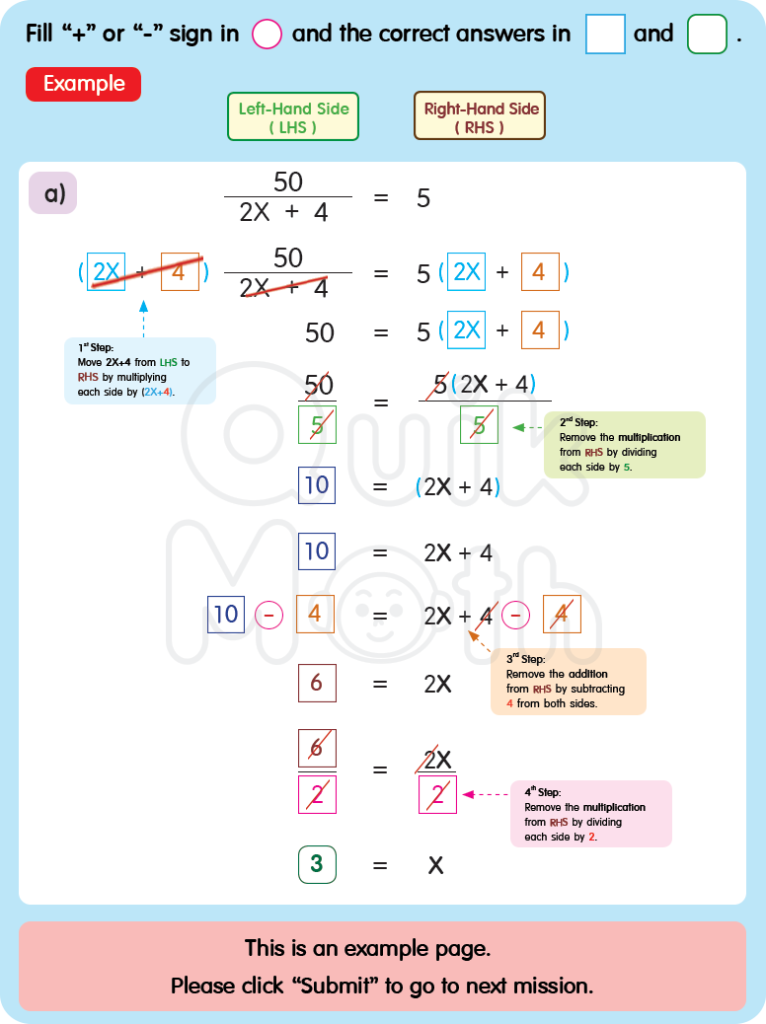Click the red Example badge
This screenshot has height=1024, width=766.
click(x=83, y=84)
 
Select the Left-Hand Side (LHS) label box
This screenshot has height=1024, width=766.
click(x=293, y=117)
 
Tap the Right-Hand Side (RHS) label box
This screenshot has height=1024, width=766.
click(x=480, y=117)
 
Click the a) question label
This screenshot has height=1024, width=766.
click(x=52, y=192)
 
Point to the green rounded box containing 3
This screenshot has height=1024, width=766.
click(x=317, y=865)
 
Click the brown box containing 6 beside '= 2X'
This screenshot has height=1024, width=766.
click(x=317, y=683)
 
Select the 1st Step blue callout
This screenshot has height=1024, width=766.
click(x=140, y=370)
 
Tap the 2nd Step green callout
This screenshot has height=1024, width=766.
click(x=624, y=445)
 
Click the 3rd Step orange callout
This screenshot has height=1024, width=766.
click(x=569, y=682)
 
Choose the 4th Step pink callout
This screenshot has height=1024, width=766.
click(x=590, y=814)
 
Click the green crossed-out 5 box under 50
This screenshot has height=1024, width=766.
click(x=317, y=426)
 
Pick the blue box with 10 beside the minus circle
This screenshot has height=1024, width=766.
click(x=226, y=615)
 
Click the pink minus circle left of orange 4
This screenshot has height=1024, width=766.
click(x=269, y=615)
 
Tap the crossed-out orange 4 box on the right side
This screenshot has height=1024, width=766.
click(x=561, y=615)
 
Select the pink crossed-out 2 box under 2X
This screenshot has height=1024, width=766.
click(x=437, y=794)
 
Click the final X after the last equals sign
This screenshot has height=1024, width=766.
click(x=435, y=866)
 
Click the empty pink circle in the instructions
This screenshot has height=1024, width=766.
click(x=267, y=35)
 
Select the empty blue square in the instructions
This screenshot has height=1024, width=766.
click(x=605, y=35)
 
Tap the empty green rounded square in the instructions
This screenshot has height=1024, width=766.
click(x=707, y=35)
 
